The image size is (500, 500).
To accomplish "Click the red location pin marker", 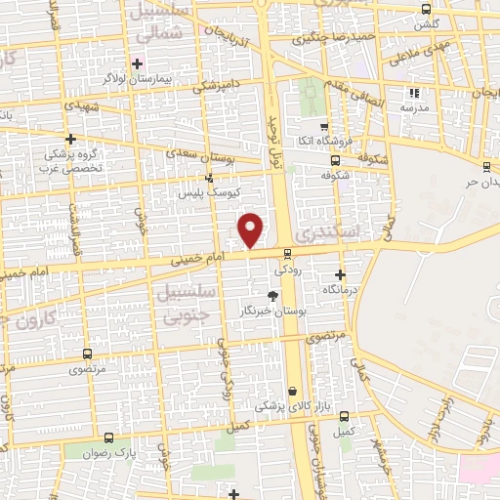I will point(251,229).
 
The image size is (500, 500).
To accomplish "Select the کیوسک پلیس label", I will point(209,193).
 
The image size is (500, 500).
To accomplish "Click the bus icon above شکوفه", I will point(335,160).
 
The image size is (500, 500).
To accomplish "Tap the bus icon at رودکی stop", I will point(286,254).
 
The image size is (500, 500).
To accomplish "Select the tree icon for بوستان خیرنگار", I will point(273,296).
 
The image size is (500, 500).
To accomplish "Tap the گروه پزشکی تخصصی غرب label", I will point(76,159).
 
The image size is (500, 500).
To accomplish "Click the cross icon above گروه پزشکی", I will point(70,139).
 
